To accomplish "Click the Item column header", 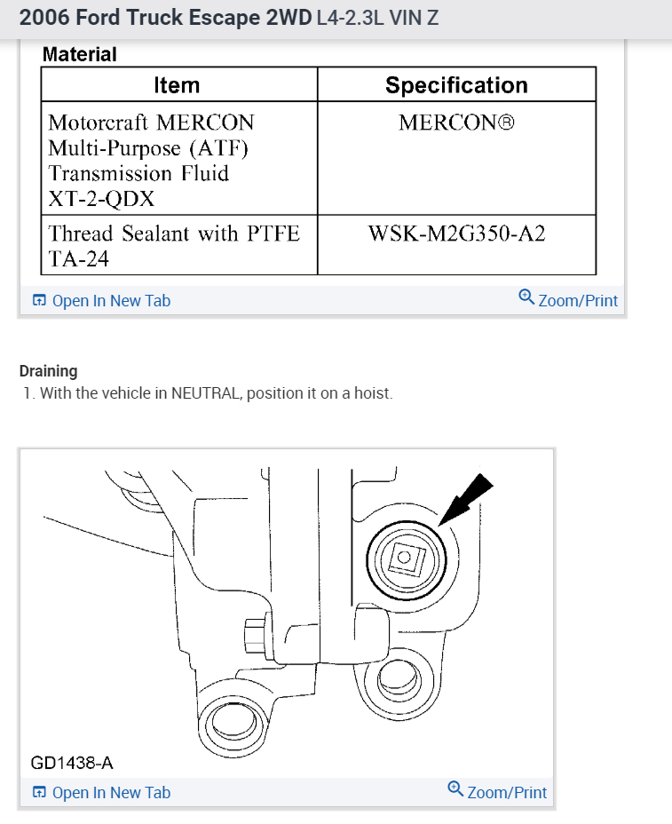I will pos(177,85).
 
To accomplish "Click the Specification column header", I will pos(456,85).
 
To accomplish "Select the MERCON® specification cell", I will pos(456,123).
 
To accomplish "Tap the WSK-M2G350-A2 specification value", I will pos(456,234).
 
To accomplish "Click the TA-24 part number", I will pos(75,259).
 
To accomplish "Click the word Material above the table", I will pos(80,54).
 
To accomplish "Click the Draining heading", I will pos(48,371).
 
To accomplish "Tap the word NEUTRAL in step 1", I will pos(206,392).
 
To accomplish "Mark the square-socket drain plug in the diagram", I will pos(404,557).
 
